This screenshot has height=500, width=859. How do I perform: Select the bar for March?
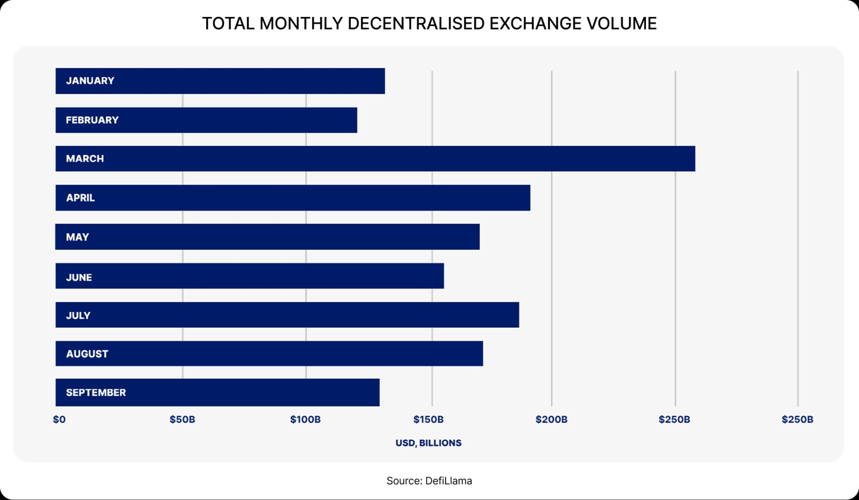click(x=375, y=159)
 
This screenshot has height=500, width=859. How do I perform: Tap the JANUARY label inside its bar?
click(x=90, y=81)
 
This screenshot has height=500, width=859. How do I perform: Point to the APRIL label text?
click(x=80, y=198)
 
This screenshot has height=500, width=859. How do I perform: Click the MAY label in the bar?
click(x=77, y=237)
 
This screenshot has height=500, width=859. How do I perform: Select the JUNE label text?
click(x=79, y=277)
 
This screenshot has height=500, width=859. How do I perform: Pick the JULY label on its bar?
click(x=78, y=315)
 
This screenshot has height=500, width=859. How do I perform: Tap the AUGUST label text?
click(x=87, y=354)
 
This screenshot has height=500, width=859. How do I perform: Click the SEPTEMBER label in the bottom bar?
click(x=96, y=393)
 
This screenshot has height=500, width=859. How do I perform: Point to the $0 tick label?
click(x=59, y=419)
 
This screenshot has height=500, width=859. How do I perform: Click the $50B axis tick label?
click(x=182, y=419)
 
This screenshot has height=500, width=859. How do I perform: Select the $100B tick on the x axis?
click(x=305, y=419)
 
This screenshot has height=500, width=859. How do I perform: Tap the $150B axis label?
click(x=428, y=419)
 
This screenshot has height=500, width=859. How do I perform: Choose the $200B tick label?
click(x=551, y=419)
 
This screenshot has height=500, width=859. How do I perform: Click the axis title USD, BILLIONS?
click(x=428, y=443)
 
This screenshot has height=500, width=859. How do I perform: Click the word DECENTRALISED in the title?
click(x=416, y=23)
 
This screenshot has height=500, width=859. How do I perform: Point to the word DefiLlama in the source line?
click(x=448, y=481)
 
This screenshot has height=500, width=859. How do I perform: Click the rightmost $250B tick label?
click(x=797, y=419)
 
